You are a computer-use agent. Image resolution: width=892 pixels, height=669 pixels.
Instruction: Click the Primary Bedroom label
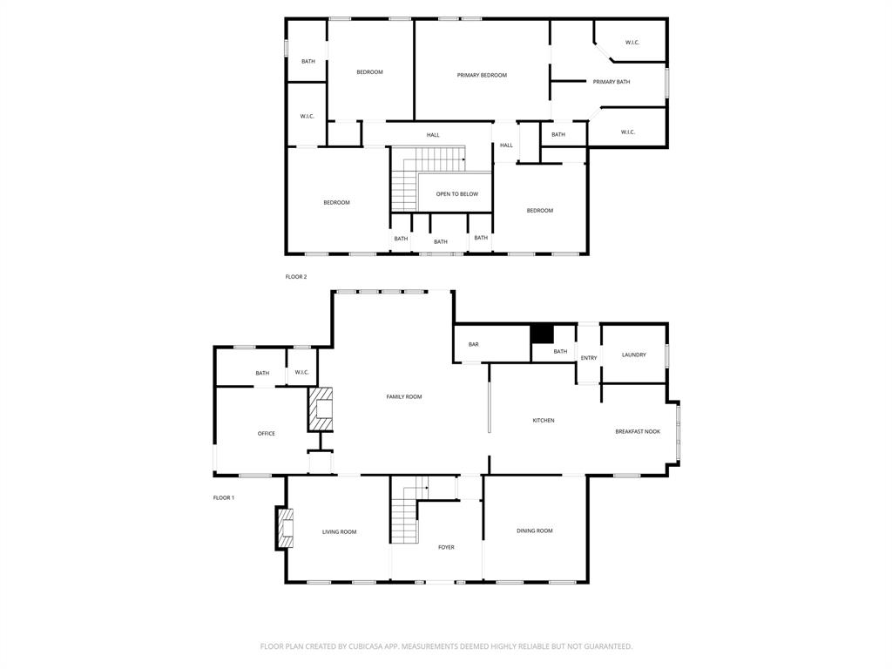[482, 76]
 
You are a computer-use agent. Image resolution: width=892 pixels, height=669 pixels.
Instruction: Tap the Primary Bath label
[611, 82]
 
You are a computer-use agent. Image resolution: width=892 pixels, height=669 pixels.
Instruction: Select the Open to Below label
[456, 194]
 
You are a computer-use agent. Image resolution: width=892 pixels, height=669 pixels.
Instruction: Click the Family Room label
[403, 397]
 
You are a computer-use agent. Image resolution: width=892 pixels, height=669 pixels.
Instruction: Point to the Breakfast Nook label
[637, 432]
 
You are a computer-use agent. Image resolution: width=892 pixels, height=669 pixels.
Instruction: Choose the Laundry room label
[633, 355]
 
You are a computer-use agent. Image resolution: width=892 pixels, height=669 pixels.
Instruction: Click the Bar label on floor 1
[473, 345]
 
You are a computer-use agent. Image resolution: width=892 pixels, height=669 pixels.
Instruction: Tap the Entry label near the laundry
[589, 358]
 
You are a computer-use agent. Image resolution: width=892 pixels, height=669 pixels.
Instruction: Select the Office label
[266, 434]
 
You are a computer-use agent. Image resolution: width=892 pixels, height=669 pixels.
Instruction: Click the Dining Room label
[534, 531]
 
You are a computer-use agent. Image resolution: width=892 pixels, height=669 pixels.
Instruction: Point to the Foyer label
[445, 548]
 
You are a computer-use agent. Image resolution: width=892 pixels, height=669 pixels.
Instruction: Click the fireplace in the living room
[286, 528]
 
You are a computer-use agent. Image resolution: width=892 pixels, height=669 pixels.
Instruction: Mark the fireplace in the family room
[321, 409]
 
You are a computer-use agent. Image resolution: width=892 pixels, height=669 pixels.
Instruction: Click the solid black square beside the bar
[542, 334]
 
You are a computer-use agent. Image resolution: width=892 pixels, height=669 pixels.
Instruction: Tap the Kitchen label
[543, 421]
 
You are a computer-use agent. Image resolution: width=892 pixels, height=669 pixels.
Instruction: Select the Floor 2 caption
[296, 277]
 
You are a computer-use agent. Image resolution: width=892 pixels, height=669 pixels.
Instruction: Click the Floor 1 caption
[224, 498]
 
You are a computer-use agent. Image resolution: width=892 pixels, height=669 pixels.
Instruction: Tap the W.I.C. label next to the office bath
[301, 373]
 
